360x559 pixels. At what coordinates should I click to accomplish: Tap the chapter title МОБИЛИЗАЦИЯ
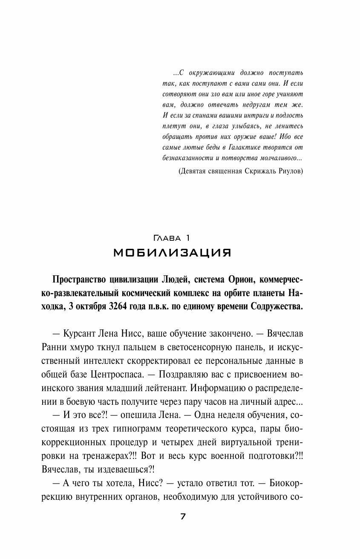click(x=173, y=253)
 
